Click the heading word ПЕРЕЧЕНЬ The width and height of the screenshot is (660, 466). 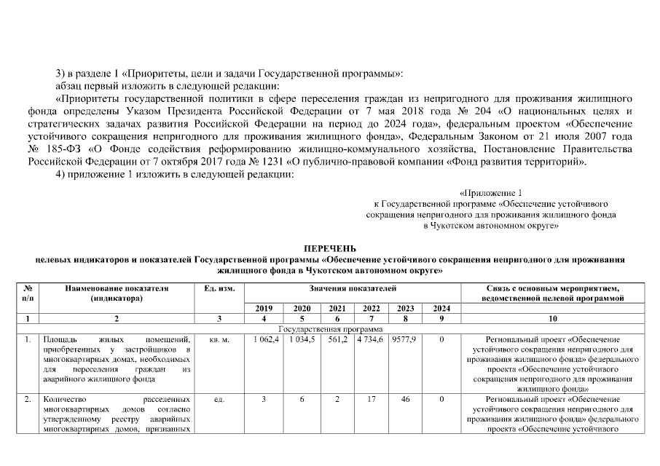(x=329, y=248)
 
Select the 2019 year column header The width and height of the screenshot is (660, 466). (x=262, y=308)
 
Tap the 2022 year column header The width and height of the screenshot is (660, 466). (x=372, y=308)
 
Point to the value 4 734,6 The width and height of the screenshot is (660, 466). (x=372, y=340)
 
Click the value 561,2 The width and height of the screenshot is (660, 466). (x=337, y=340)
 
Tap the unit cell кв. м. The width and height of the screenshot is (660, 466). (x=218, y=340)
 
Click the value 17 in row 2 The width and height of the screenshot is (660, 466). (x=372, y=400)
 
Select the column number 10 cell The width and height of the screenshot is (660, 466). (x=552, y=319)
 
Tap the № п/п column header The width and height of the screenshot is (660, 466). (x=28, y=293)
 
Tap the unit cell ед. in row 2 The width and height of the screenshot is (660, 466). (x=218, y=400)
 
